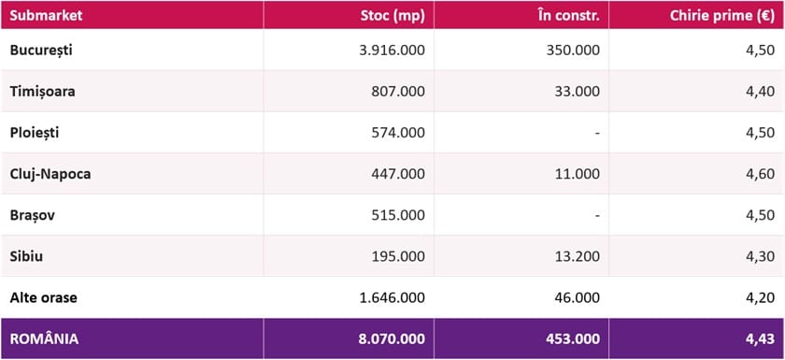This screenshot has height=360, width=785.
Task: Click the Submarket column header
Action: coord(46,16)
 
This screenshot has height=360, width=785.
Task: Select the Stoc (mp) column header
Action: coord(392,16)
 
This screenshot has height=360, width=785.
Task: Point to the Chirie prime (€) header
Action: coord(722,16)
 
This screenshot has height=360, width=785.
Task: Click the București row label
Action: coord(41,50)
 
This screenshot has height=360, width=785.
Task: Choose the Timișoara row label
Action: coord(43,92)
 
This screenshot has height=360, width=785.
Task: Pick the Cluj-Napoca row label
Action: coord(50,174)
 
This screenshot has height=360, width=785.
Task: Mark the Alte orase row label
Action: coord(44,298)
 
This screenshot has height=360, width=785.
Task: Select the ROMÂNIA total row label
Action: coord(44,338)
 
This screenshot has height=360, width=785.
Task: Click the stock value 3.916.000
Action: coord(392,50)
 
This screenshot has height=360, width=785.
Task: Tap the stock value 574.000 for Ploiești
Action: coord(398,133)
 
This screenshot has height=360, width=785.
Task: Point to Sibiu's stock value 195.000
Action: coord(398,256)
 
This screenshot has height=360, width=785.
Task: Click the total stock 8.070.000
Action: coord(392,339)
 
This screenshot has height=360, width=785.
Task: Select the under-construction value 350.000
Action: coord(573,50)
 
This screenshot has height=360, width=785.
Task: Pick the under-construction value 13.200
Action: coord(577,256)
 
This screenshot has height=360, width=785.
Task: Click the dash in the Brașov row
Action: coord(597,216)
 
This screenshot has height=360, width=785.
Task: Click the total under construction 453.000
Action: coord(573,339)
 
